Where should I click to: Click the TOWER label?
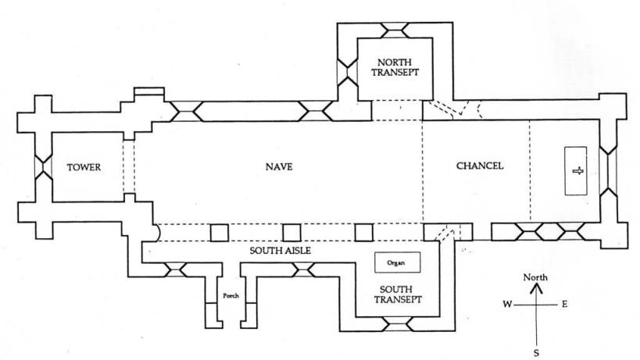pyautogui.click(x=84, y=167)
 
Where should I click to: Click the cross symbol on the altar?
pyautogui.click(x=578, y=171)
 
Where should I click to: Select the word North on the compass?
pyautogui.click(x=536, y=277)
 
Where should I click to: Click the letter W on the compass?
pyautogui.click(x=507, y=304)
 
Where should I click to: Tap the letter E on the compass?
pyautogui.click(x=564, y=304)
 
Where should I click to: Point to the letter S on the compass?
pyautogui.click(x=536, y=353)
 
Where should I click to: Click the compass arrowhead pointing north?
pyautogui.click(x=536, y=287)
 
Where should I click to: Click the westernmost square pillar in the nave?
pyautogui.click(x=220, y=232)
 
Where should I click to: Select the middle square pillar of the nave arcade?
pyautogui.click(x=291, y=232)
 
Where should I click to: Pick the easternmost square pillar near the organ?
pyautogui.click(x=363, y=232)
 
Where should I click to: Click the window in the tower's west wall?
pyautogui.click(x=37, y=167)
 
